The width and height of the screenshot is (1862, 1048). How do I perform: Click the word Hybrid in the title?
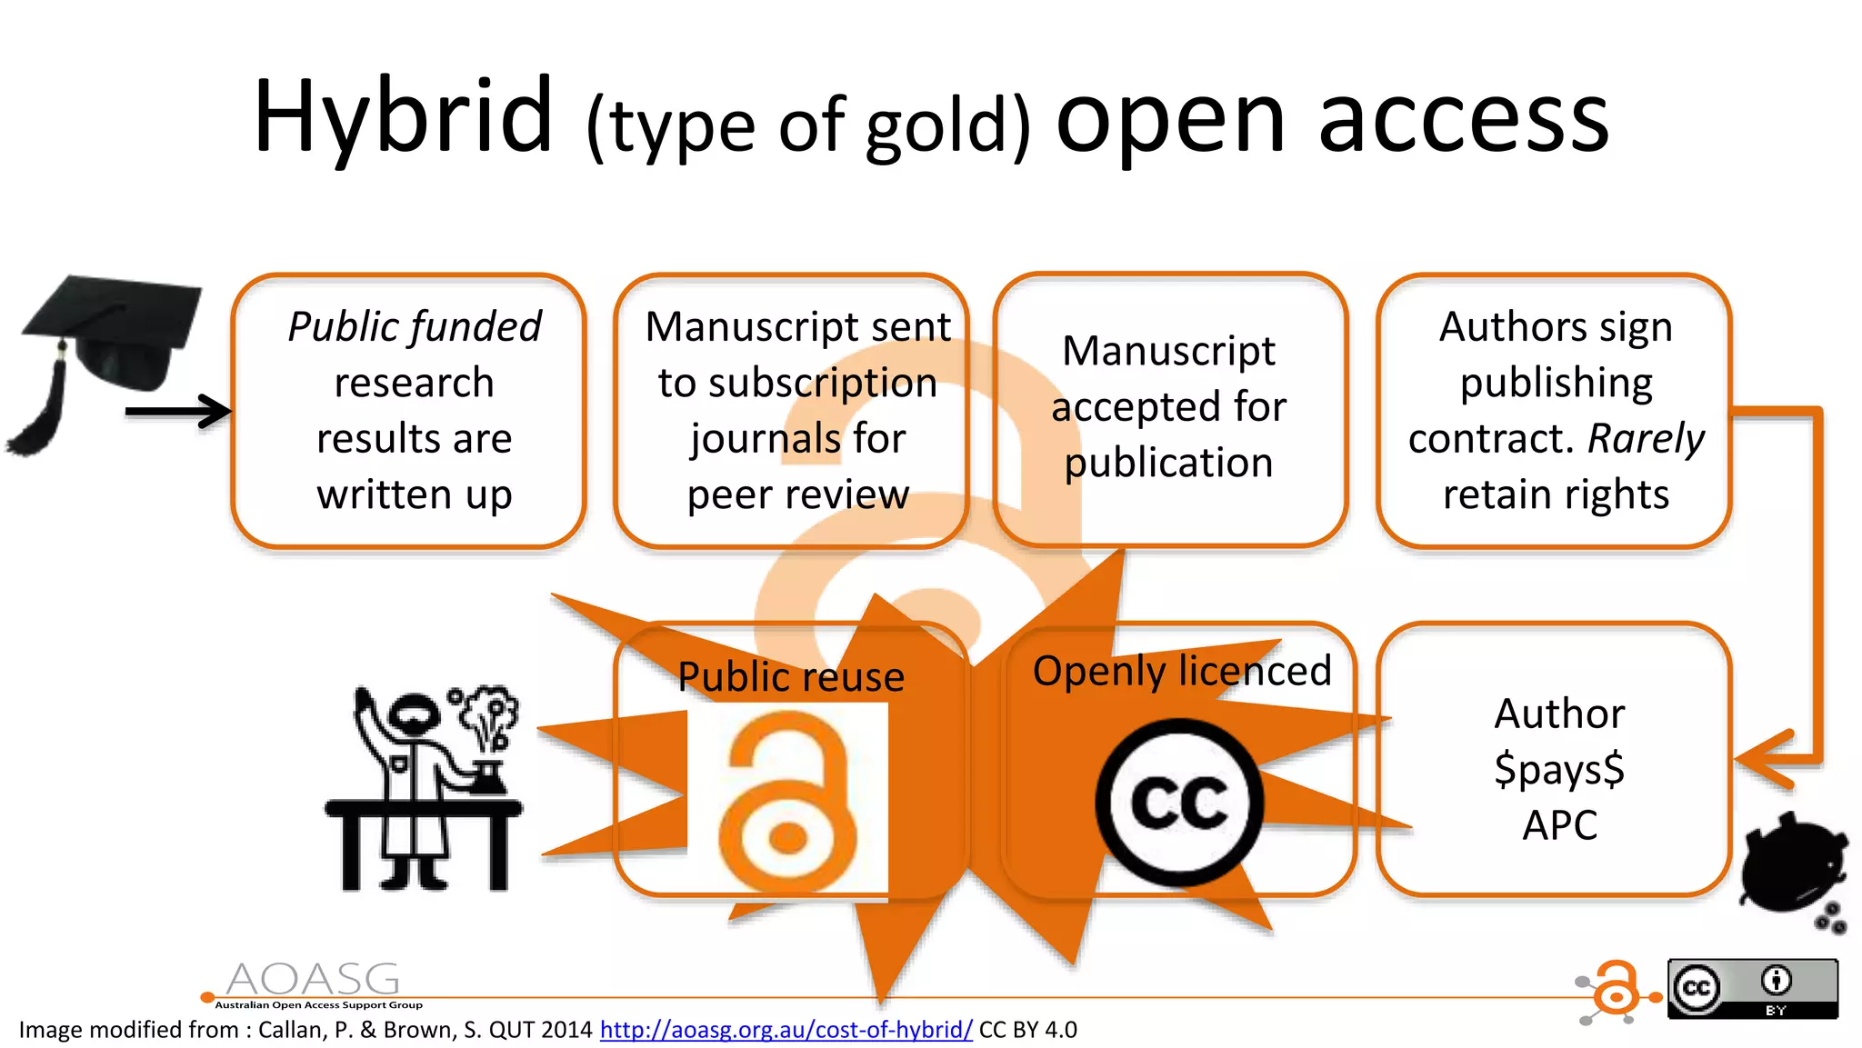pyautogui.click(x=403, y=118)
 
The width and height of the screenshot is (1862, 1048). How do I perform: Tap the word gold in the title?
pyautogui.click(x=936, y=127)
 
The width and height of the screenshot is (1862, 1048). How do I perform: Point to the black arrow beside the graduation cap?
pyautogui.click(x=177, y=412)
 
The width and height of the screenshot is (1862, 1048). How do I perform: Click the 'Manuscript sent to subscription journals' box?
pyautogui.click(x=791, y=411)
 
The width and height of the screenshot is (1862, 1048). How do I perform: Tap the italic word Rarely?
pyautogui.click(x=1646, y=439)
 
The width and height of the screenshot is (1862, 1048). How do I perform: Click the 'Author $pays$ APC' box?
pyautogui.click(x=1555, y=759)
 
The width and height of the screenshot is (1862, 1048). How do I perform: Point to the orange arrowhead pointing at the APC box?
pyautogui.click(x=1764, y=759)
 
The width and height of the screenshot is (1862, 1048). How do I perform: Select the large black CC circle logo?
pyautogui.click(x=1179, y=803)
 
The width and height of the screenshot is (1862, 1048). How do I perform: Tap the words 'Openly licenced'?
pyautogui.click(x=1182, y=672)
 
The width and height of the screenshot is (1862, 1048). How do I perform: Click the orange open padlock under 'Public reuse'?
pyautogui.click(x=787, y=800)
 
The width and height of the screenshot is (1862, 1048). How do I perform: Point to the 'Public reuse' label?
pyautogui.click(x=791, y=677)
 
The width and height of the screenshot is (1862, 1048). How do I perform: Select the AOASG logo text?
pyautogui.click(x=314, y=982)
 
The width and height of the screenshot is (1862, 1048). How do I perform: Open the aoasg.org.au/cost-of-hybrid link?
pyautogui.click(x=786, y=1030)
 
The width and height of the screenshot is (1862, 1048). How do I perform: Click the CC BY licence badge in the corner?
pyautogui.click(x=1752, y=988)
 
